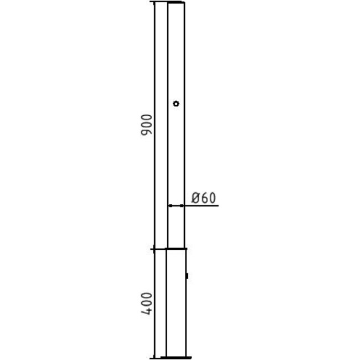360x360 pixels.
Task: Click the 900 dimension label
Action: click(x=146, y=126)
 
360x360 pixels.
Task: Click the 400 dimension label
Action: click(x=146, y=304)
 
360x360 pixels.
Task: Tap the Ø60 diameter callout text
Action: click(x=203, y=198)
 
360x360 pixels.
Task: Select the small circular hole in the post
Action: click(x=176, y=104)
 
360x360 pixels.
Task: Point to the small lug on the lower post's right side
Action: click(x=187, y=275)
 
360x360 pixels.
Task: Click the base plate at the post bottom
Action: click(x=176, y=357)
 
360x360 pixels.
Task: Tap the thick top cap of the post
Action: click(x=176, y=3)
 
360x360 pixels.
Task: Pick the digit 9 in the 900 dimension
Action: click(x=146, y=135)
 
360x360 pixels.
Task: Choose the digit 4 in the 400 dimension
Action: click(x=146, y=312)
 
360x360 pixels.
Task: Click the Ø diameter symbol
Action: click(x=195, y=198)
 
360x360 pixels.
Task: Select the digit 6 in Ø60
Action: click(x=203, y=198)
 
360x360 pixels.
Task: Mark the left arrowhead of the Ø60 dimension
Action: click(x=169, y=205)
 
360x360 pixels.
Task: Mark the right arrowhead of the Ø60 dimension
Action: click(x=182, y=205)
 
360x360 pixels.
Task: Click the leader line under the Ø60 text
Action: click(x=202, y=205)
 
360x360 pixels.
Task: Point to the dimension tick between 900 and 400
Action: click(x=153, y=249)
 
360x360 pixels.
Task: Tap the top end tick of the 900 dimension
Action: click(x=153, y=2)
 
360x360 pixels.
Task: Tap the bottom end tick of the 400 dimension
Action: click(x=153, y=357)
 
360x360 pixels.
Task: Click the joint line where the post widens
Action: click(x=176, y=249)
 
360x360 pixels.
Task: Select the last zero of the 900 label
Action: click(x=146, y=118)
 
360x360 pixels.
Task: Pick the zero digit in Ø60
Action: click(x=211, y=198)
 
